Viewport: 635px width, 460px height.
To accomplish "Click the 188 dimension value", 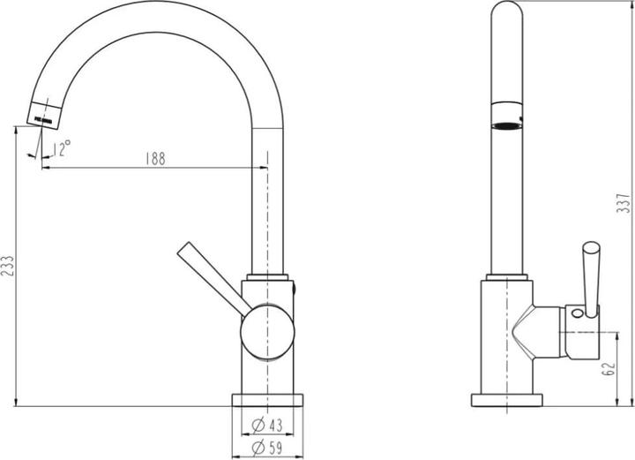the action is tap(155, 158).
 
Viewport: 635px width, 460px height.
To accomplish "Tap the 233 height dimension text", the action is tap(7, 266).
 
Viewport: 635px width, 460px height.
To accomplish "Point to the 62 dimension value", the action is tap(609, 368).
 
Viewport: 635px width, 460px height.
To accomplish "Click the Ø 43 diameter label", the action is tap(267, 425).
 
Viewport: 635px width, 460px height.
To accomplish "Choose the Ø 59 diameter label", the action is tap(267, 448).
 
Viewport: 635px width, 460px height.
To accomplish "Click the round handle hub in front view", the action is tap(267, 332).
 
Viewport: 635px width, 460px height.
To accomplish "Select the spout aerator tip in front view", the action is tap(44, 115).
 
